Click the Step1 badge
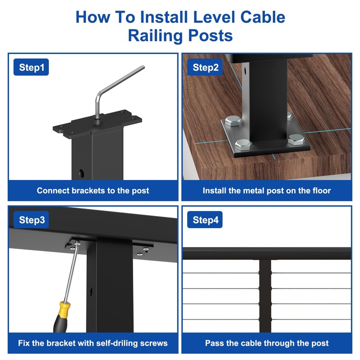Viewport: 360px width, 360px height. click(x=31, y=68)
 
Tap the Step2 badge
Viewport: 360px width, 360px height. click(x=206, y=68)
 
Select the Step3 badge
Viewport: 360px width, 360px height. click(x=31, y=220)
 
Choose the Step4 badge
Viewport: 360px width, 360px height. click(x=205, y=220)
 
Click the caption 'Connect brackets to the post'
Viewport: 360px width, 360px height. click(x=93, y=190)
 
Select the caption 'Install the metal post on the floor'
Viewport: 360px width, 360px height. click(x=266, y=190)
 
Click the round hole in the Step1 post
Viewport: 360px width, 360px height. click(x=81, y=172)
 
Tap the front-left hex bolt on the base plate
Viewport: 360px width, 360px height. click(x=243, y=144)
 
